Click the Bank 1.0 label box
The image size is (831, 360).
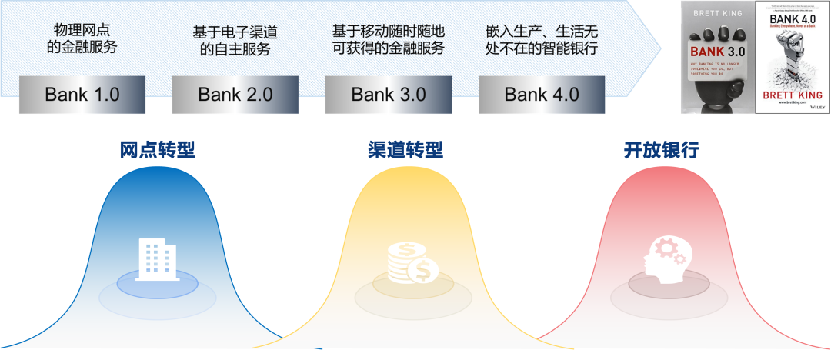82,95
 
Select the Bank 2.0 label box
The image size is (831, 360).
235,95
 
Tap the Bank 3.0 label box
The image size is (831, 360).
389,95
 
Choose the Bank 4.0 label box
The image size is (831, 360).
542,95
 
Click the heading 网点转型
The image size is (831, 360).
157,150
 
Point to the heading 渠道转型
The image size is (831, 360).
405,150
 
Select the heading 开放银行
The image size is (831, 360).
661,150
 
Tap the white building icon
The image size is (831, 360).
156,259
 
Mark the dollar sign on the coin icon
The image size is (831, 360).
423,270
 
